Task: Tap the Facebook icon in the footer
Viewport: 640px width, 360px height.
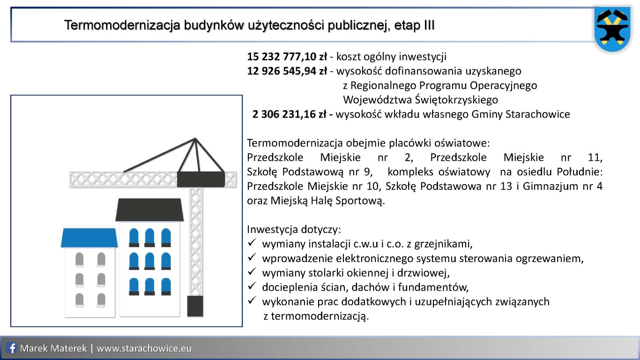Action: [x=12, y=348]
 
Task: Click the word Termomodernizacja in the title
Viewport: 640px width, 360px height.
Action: [x=122, y=25]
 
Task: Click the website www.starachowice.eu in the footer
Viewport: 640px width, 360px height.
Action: [x=144, y=348]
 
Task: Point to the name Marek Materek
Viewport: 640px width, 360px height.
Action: [x=53, y=348]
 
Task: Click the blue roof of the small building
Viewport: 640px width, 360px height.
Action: [x=89, y=238]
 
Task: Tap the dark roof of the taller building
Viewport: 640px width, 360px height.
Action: [x=149, y=210]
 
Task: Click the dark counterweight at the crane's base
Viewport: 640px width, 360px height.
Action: [x=195, y=306]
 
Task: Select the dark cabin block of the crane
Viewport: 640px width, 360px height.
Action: [x=201, y=179]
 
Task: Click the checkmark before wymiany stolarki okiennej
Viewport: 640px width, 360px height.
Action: [x=252, y=272]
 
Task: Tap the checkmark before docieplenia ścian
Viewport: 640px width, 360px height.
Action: [x=252, y=286]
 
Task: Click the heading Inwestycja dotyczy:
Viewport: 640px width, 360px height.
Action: [x=294, y=230]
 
